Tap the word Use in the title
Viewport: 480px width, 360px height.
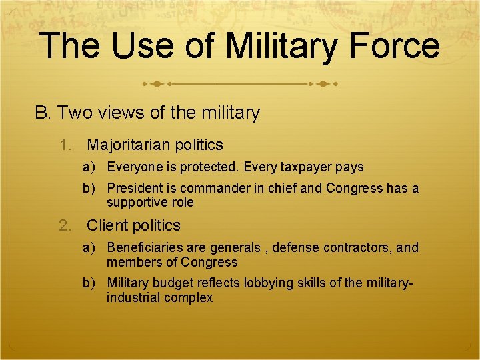(x=138, y=47)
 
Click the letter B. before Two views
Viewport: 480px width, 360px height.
(x=43, y=113)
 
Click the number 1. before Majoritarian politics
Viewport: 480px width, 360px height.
(x=66, y=145)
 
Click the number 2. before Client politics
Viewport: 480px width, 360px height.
(x=66, y=225)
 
